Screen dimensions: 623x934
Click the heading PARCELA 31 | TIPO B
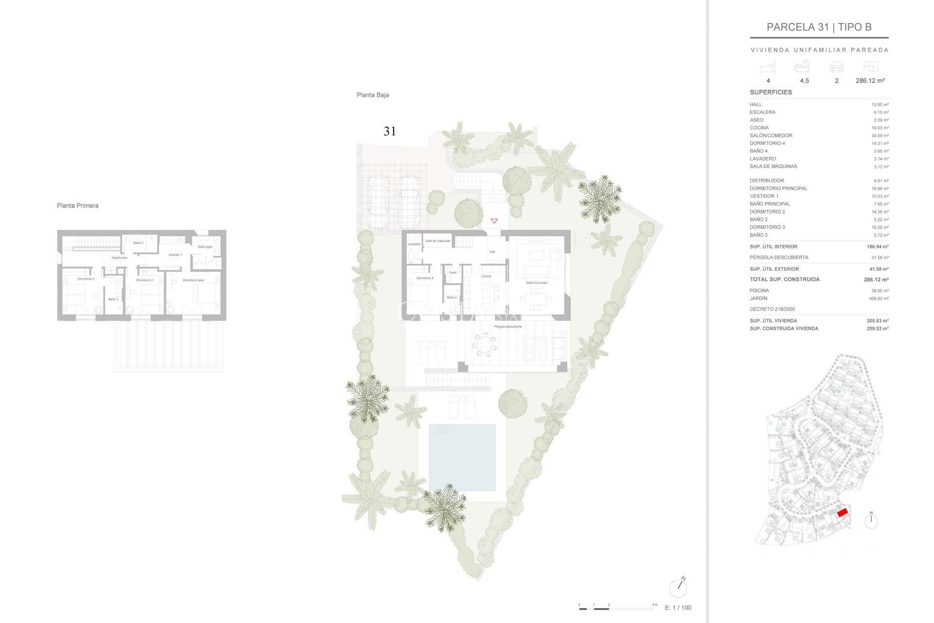[819, 27]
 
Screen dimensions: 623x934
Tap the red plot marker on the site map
[843, 512]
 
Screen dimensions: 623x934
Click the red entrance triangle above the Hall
[494, 221]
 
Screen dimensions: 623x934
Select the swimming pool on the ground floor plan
[462, 457]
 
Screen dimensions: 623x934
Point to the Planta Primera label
[77, 205]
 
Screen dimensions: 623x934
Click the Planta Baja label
[373, 95]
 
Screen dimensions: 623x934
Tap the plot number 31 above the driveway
[390, 131]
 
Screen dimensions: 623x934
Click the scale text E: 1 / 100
[678, 607]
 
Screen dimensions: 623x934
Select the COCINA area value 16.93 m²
[880, 128]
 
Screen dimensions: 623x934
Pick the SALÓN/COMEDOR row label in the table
[771, 135]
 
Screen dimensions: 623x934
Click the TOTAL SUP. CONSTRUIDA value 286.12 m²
[876, 279]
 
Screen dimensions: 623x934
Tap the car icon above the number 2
[836, 67]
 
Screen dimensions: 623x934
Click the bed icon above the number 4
[768, 67]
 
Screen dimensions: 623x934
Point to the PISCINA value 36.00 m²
[880, 291]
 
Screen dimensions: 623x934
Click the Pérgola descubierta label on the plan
[507, 327]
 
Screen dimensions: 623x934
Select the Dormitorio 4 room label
[425, 278]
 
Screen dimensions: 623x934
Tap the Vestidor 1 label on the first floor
[175, 255]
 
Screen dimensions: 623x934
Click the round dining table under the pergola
[484, 345]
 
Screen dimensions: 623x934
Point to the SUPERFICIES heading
[771, 92]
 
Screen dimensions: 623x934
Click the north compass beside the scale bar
[678, 588]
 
